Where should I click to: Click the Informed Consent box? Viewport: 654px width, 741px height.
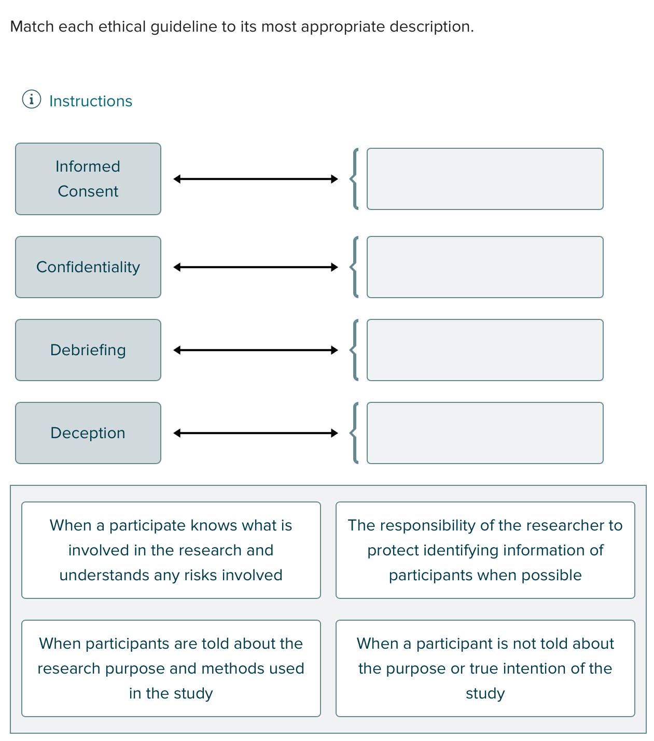point(88,179)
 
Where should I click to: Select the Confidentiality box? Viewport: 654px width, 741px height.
point(88,267)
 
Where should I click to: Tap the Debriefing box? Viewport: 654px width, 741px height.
point(88,350)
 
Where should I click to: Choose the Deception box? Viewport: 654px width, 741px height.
point(88,433)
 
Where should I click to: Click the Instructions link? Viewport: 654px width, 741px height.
point(91,101)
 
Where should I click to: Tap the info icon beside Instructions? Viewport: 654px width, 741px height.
point(31,99)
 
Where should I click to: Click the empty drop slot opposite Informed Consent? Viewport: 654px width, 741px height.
point(484,179)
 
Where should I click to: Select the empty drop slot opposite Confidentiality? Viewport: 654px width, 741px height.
point(484,267)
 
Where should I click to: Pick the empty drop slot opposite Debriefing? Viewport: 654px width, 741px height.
point(484,350)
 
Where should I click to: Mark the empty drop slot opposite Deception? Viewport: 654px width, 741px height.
point(484,433)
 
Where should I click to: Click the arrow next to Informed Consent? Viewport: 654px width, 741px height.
point(255,179)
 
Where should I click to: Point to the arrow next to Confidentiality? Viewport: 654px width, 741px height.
point(255,267)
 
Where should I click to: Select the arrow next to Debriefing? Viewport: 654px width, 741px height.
point(255,350)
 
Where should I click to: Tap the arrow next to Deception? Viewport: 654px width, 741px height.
point(255,433)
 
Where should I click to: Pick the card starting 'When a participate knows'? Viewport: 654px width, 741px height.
point(171,550)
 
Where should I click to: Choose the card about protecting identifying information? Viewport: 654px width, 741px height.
point(485,550)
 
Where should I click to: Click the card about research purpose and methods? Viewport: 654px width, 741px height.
point(171,668)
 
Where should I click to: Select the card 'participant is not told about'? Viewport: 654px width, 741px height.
point(485,668)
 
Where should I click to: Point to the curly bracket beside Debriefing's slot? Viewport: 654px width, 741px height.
point(355,350)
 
